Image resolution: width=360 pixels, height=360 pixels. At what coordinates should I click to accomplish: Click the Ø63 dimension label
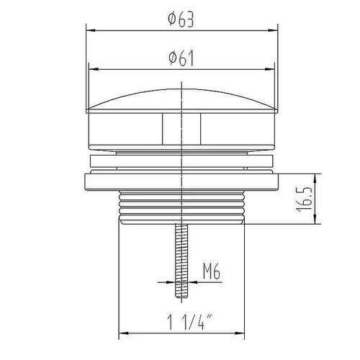tap(181, 19)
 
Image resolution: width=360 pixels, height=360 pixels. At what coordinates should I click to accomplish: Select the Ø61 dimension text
tap(181, 58)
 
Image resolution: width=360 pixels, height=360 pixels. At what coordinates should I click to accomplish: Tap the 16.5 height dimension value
tap(305, 199)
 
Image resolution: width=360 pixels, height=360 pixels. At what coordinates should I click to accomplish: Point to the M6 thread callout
tap(211, 271)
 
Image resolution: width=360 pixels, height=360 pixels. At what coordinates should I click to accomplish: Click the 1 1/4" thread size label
tap(189, 323)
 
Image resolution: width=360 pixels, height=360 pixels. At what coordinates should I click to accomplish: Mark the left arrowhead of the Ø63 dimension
tap(91, 30)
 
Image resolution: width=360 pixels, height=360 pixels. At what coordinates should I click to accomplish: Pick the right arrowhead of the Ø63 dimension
tap(273, 30)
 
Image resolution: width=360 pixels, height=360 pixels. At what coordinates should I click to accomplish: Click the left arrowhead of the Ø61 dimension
tap(94, 69)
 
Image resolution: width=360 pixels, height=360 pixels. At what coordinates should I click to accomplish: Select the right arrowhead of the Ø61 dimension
tap(270, 69)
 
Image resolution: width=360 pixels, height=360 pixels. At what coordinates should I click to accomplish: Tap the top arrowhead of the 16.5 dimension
tap(315, 179)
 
